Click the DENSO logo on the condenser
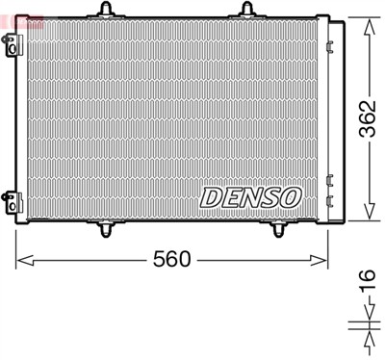[x=250, y=196]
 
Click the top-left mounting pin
[x=103, y=11]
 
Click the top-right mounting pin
[x=246, y=11]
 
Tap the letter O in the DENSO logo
[x=290, y=196]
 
